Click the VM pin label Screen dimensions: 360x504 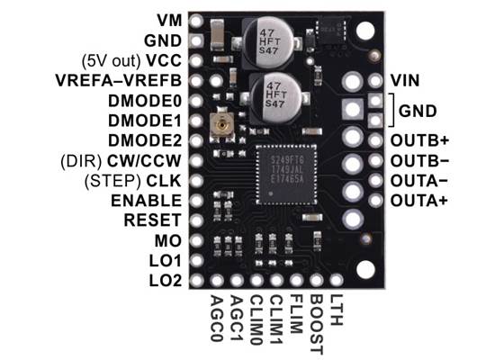coord(167,19)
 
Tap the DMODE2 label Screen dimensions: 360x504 coord(145,140)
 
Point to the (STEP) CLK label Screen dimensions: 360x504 coord(135,180)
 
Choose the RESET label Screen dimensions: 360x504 coord(154,220)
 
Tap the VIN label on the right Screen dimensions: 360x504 coord(404,80)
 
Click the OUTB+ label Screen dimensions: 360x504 coord(418,140)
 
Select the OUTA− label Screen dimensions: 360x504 coord(418,180)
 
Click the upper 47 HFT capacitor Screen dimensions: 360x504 coord(265,40)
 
